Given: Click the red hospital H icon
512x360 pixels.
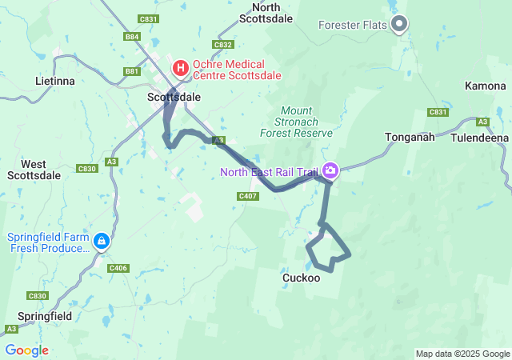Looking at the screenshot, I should coord(181,68).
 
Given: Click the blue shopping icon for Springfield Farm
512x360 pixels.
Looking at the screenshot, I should coord(102,241).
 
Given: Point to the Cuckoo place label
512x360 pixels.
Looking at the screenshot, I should coord(302,278).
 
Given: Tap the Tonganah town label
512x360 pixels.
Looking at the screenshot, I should coord(410,137).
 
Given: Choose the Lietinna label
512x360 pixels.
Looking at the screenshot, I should coord(54,82).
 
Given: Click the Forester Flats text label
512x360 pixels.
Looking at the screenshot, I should coord(353,24).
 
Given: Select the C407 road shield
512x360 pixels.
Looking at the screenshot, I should coord(247,196).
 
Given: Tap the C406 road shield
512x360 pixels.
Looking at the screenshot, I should coord(118,267).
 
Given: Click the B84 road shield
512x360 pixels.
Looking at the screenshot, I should coord(132,37).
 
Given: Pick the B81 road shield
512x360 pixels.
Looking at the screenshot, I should coord(132,71).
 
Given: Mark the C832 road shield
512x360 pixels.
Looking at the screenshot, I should coord(223,45).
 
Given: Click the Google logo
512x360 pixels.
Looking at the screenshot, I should coord(26,350).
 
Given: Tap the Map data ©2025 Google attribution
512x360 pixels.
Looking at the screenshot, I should coord(462,354).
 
